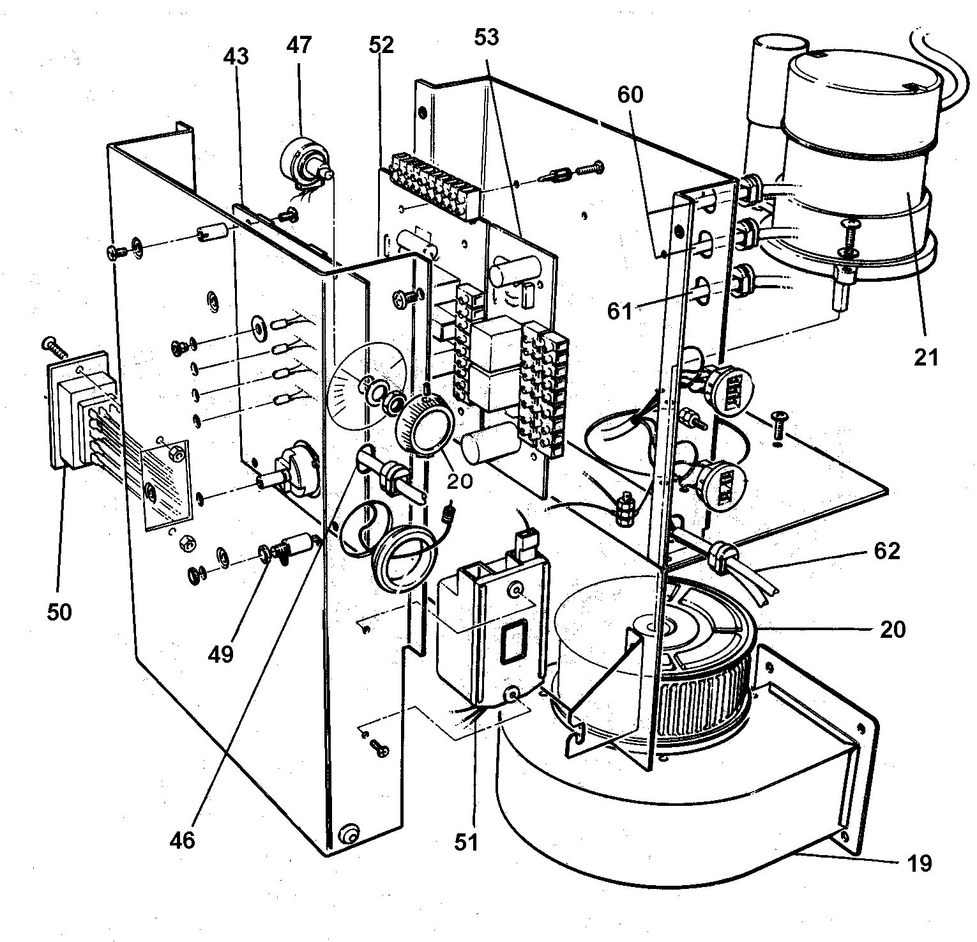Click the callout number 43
point(236,58)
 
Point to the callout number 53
point(487,38)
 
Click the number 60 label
point(630,95)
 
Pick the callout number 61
point(619,313)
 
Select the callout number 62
point(886,551)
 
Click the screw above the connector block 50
point(54,346)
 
